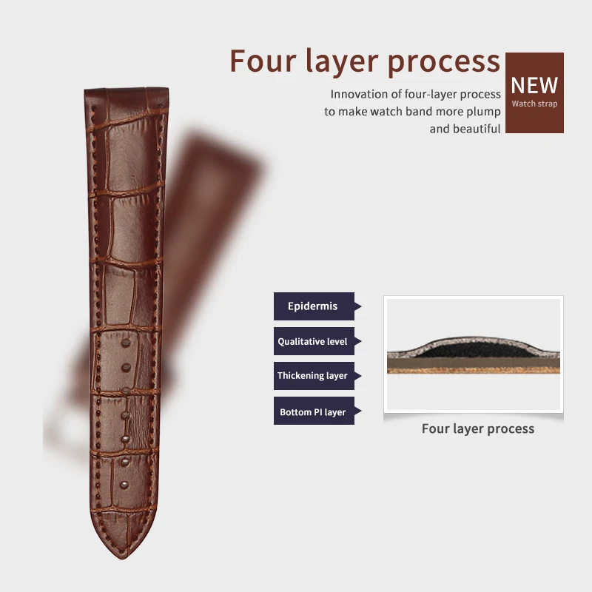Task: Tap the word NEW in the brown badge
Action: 534,84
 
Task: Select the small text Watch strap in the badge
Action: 534,104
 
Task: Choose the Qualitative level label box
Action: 313,341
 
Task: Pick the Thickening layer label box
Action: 313,376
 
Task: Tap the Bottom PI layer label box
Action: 313,411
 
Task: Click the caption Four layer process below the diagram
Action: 477,428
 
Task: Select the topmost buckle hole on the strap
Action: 126,343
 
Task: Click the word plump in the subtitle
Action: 485,111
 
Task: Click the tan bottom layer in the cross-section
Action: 474,367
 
